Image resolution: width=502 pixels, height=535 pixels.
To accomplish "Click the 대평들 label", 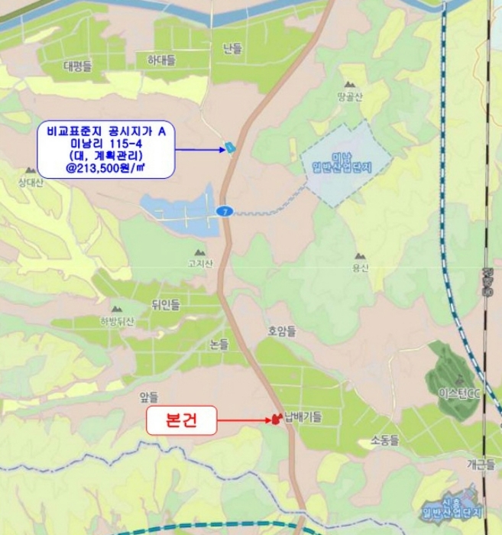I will click(x=78, y=66).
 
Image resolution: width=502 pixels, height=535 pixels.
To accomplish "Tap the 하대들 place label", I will click(x=160, y=60).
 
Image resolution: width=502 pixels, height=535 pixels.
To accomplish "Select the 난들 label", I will click(x=232, y=48).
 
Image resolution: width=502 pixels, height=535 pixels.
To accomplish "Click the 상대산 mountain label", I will click(x=31, y=181).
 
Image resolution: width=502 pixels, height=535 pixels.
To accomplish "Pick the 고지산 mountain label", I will click(x=200, y=263).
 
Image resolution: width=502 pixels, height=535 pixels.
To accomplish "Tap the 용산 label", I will click(x=361, y=267).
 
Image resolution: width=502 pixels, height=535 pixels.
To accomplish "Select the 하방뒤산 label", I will click(x=116, y=322).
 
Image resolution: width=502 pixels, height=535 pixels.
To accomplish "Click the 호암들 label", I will click(x=281, y=332).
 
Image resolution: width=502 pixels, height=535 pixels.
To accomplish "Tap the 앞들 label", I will click(x=148, y=397).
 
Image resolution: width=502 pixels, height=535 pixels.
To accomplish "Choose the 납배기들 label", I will click(x=303, y=417).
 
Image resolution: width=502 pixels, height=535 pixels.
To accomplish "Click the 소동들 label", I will click(x=385, y=439).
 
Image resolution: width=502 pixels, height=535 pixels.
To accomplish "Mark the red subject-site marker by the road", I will click(x=273, y=419).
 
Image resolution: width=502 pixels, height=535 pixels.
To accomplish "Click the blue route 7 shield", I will click(x=223, y=211).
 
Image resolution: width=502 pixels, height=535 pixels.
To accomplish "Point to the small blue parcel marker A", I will click(x=230, y=147).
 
